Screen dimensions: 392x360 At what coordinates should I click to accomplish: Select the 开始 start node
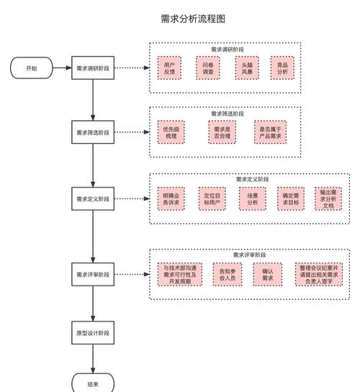pos(31,69)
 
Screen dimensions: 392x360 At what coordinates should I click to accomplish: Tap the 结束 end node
pos(93,383)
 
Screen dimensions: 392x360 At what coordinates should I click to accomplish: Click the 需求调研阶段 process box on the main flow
pos(93,69)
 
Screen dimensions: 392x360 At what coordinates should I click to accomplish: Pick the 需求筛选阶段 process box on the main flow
pos(93,132)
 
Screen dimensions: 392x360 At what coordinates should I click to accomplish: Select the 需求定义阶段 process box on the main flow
pos(93,199)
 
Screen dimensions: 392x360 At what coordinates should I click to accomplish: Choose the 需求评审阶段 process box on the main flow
pos(93,274)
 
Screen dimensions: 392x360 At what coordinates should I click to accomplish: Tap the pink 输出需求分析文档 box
pos(328,199)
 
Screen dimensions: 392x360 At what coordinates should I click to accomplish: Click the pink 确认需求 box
pos(267,274)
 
